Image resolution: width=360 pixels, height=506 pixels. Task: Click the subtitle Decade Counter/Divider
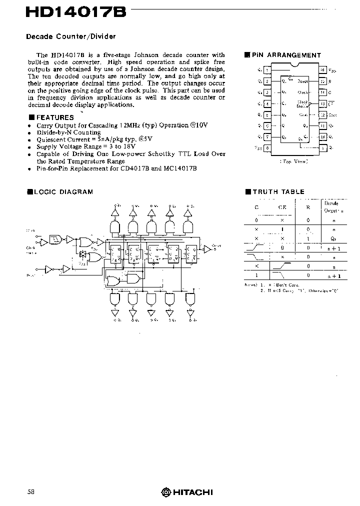coord(70,36)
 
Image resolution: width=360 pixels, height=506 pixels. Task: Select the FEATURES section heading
coord(55,117)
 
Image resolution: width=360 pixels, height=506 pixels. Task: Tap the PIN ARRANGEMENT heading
coord(286,55)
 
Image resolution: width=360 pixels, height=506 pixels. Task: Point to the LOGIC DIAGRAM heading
coord(63,191)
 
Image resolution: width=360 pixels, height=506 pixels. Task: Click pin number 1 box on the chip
coord(267,70)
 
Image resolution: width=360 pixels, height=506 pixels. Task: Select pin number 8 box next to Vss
coord(267,148)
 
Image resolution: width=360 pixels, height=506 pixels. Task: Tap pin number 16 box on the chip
coord(323,70)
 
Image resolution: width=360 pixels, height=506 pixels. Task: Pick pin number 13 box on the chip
coord(323,103)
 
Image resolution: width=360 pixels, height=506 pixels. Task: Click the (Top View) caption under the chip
coord(293,161)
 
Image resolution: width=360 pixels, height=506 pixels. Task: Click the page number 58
coord(31,491)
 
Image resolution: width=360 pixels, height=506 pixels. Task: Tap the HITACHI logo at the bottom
coord(187,492)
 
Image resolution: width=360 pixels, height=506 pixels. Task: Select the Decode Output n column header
coord(331,207)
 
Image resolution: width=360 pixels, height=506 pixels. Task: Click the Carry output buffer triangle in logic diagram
coord(206,248)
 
